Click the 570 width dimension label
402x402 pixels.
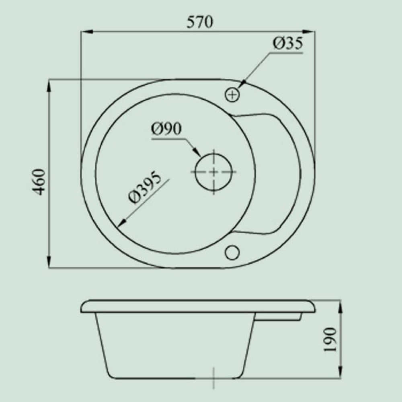(x=200, y=22)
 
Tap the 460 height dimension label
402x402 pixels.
(x=41, y=182)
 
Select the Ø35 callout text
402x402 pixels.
(x=288, y=43)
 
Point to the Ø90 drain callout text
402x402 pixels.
(x=166, y=129)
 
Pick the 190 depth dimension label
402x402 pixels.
(x=330, y=340)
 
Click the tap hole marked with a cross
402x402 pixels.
(x=232, y=95)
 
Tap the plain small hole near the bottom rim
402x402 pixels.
(x=232, y=252)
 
